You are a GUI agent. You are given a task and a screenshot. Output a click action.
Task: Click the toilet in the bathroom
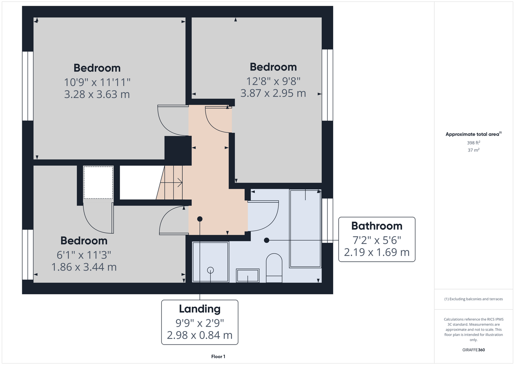(274, 268)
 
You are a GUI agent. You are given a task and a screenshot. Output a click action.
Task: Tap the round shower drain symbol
(210, 270)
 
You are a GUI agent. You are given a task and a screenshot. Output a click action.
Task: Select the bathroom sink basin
(247, 276)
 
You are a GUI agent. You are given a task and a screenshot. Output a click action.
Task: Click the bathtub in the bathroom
(305, 228)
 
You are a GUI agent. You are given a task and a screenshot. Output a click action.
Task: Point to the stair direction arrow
(171, 182)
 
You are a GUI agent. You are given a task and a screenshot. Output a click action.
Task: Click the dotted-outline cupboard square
(98, 182)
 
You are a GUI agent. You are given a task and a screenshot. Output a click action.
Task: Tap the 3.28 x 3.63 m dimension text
(97, 94)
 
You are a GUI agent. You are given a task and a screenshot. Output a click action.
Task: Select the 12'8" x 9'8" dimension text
(273, 81)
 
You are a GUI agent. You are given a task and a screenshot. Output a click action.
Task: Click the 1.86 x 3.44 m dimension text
(84, 267)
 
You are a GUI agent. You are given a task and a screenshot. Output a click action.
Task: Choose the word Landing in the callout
(200, 309)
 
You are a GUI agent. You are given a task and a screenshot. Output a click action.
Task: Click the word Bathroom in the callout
(377, 226)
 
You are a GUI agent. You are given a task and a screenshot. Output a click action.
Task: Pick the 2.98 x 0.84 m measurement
(200, 335)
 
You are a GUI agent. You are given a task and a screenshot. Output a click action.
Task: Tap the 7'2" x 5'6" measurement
(377, 240)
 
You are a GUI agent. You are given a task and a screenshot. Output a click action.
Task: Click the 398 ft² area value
(473, 143)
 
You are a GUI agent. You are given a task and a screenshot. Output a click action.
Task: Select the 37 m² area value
(473, 150)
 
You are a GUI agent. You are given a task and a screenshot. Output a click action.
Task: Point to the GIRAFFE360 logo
(473, 350)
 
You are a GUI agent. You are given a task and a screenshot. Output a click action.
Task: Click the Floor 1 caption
(218, 357)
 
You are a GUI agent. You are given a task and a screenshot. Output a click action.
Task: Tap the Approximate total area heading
(473, 134)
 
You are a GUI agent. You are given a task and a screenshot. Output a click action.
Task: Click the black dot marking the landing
(200, 219)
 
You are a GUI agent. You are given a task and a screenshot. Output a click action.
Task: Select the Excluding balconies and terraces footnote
(473, 299)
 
